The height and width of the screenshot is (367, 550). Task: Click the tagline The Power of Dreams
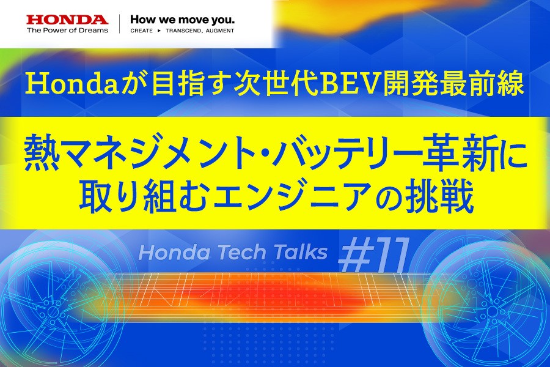pos(67,30)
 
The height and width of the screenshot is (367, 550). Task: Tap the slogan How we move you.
pos(182,18)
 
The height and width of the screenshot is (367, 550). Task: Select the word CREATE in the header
pos(142,30)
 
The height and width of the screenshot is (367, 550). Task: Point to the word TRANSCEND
pos(182,30)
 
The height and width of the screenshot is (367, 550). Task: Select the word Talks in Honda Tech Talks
pos(299,253)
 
